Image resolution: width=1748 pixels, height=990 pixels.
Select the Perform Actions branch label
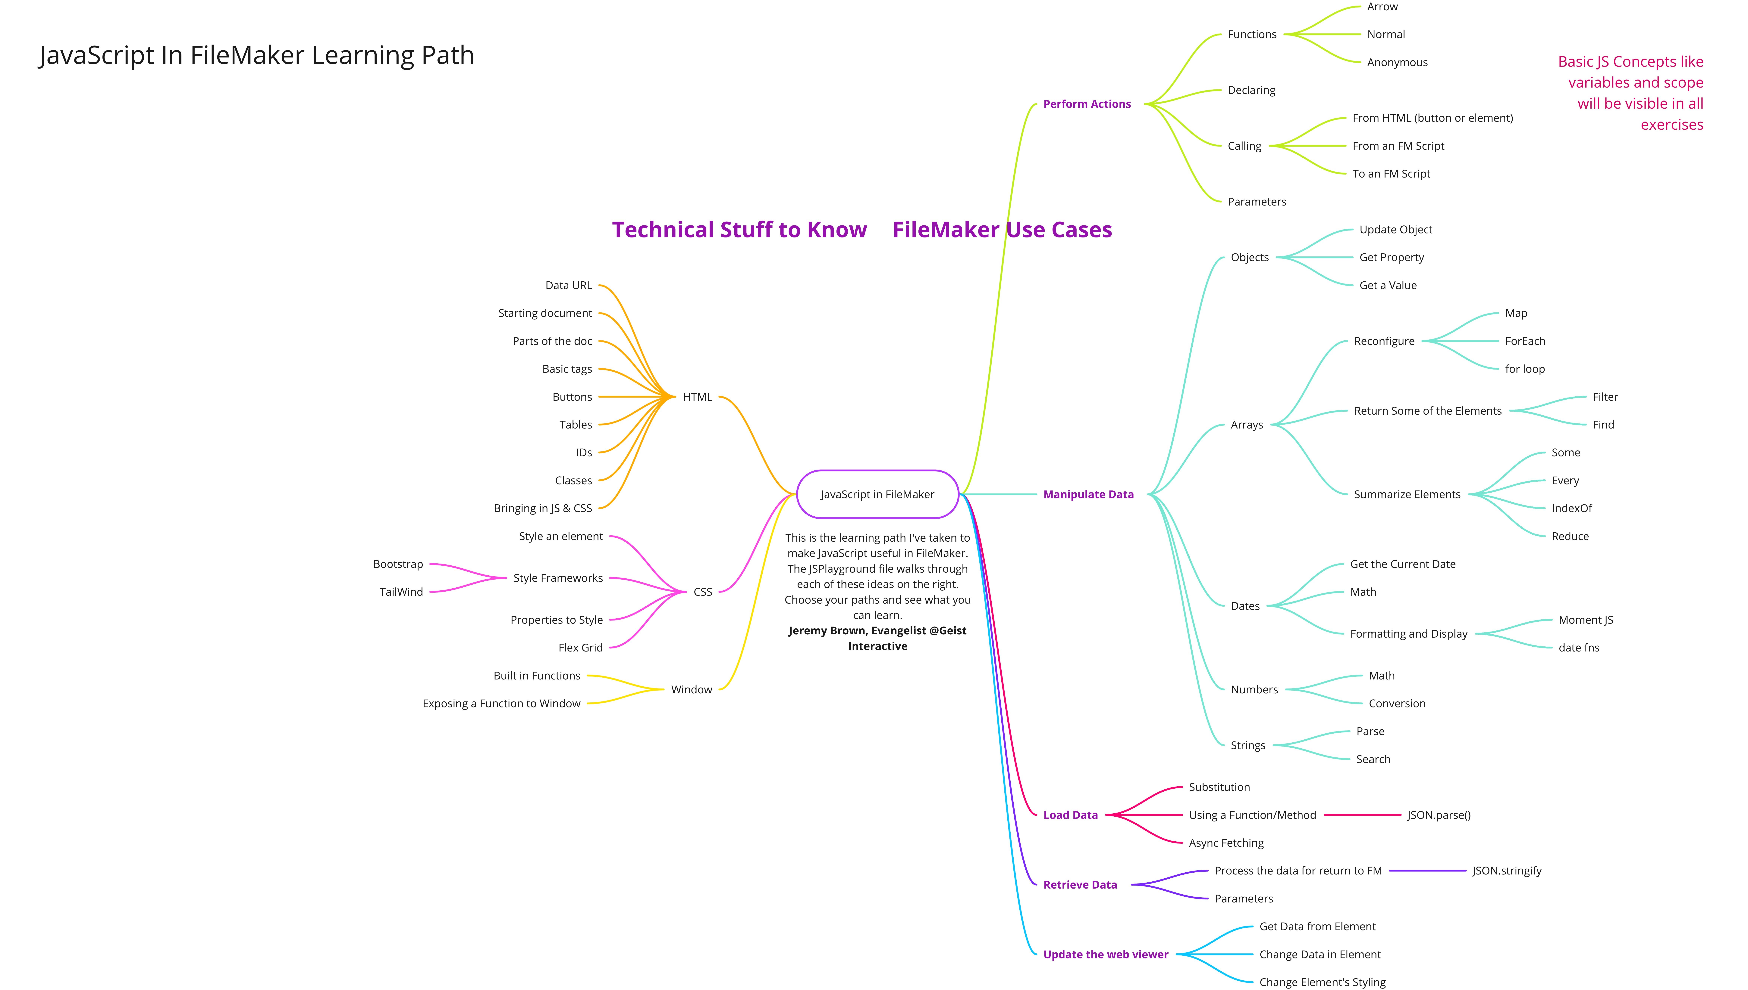coord(1087,104)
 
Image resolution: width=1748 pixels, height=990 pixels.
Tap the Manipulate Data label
coord(1088,494)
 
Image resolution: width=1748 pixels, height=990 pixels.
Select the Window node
coord(691,689)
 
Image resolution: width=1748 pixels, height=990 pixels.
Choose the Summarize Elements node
coord(1406,494)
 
